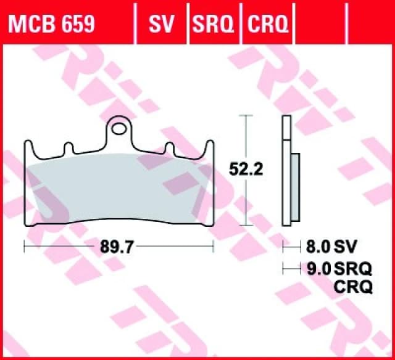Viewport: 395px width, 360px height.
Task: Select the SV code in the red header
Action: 162,24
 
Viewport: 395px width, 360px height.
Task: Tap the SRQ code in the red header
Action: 213,24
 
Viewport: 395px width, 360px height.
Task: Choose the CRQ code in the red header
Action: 267,24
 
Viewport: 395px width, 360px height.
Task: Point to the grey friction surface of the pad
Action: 117,191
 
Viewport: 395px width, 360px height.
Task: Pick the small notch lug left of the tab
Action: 68,149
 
